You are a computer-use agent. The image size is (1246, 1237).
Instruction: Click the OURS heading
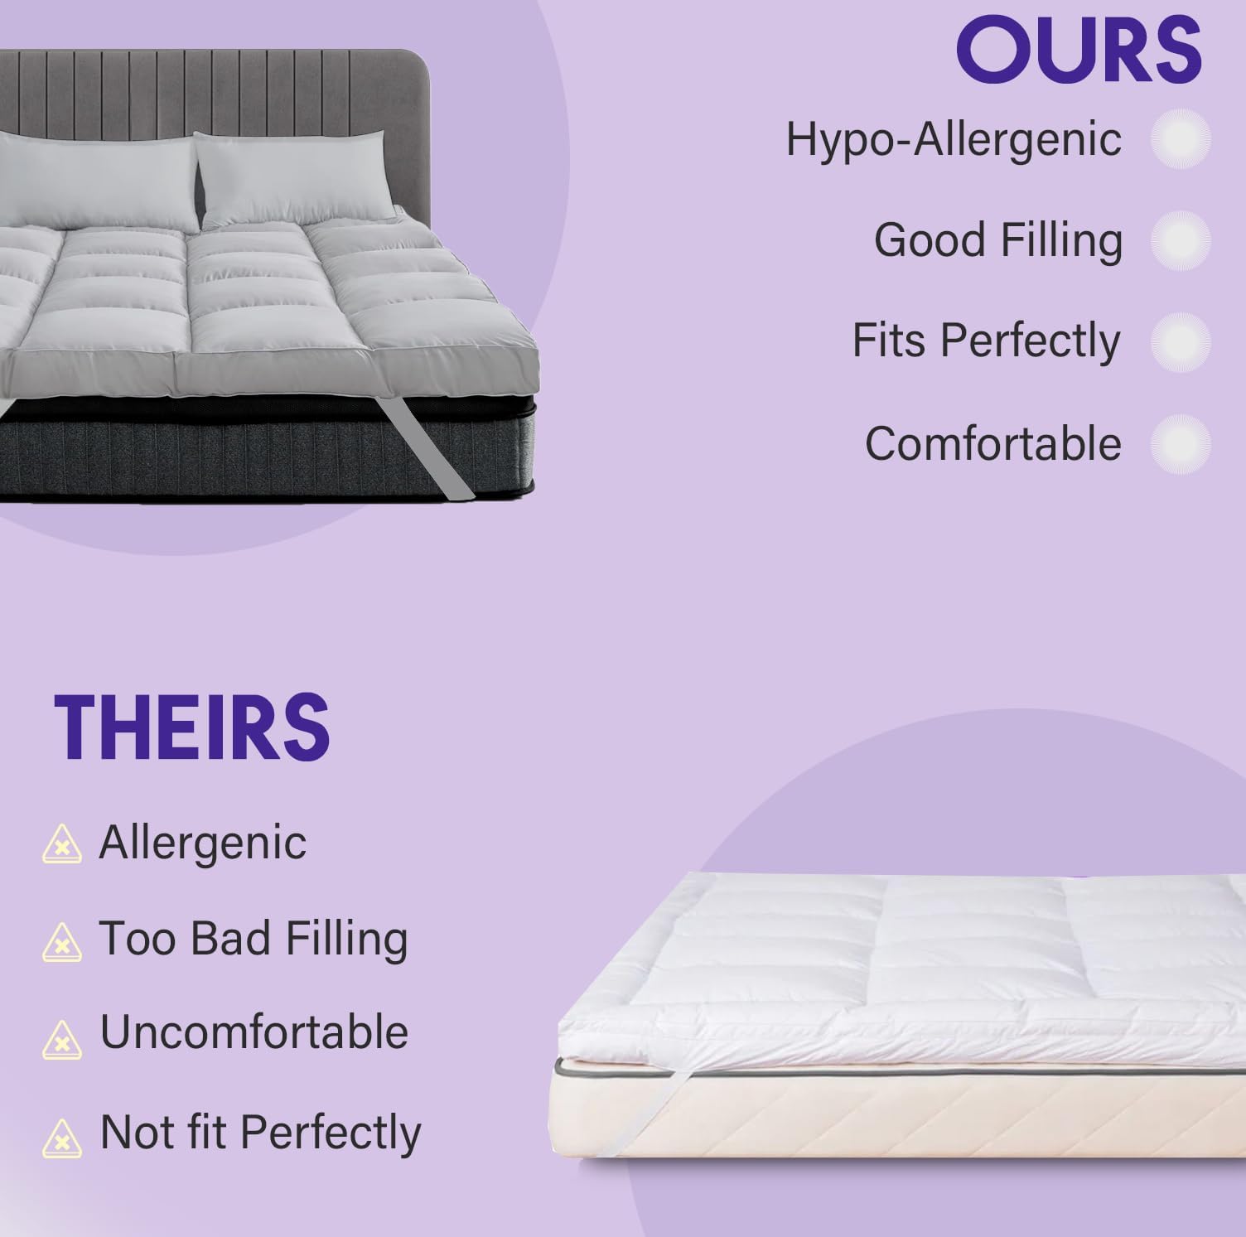1079,51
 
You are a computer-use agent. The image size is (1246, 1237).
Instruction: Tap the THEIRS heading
192,727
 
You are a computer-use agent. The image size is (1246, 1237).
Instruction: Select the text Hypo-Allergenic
954,139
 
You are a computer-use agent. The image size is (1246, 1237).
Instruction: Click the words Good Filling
998,240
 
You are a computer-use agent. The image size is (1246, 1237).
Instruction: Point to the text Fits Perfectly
986,341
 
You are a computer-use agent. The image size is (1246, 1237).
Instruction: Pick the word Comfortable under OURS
992,443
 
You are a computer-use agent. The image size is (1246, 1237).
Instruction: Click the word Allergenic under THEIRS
203,843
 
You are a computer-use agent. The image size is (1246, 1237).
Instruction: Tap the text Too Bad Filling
254,939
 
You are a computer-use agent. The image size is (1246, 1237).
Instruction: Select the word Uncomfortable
254,1032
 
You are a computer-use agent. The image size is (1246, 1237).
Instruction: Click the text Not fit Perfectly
260,1133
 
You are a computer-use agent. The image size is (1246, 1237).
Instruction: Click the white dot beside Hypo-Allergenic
1181,139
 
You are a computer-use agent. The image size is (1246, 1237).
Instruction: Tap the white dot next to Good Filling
1181,240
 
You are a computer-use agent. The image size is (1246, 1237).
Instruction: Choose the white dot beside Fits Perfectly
1181,341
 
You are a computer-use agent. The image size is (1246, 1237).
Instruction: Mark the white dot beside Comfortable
1181,444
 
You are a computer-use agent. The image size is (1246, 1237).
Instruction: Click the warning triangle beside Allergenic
62,845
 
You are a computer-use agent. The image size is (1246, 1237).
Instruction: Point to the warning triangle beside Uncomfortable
62,1039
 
